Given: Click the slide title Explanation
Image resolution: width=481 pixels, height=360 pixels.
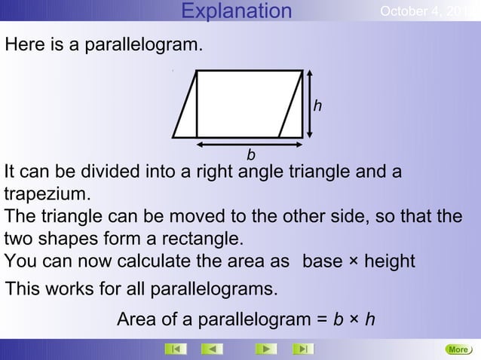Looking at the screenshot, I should [x=237, y=11].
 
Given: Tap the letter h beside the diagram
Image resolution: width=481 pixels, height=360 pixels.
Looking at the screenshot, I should [x=318, y=106].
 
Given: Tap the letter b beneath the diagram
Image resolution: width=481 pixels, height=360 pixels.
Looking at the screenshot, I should [x=251, y=155].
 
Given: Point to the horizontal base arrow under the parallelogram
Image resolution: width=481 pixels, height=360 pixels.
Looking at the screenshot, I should [x=249, y=141].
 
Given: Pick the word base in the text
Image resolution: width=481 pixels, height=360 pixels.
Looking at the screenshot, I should [x=322, y=261].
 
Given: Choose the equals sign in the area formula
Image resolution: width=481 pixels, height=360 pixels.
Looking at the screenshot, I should [x=321, y=321].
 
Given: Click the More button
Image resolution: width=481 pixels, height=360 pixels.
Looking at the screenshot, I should [x=458, y=349].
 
